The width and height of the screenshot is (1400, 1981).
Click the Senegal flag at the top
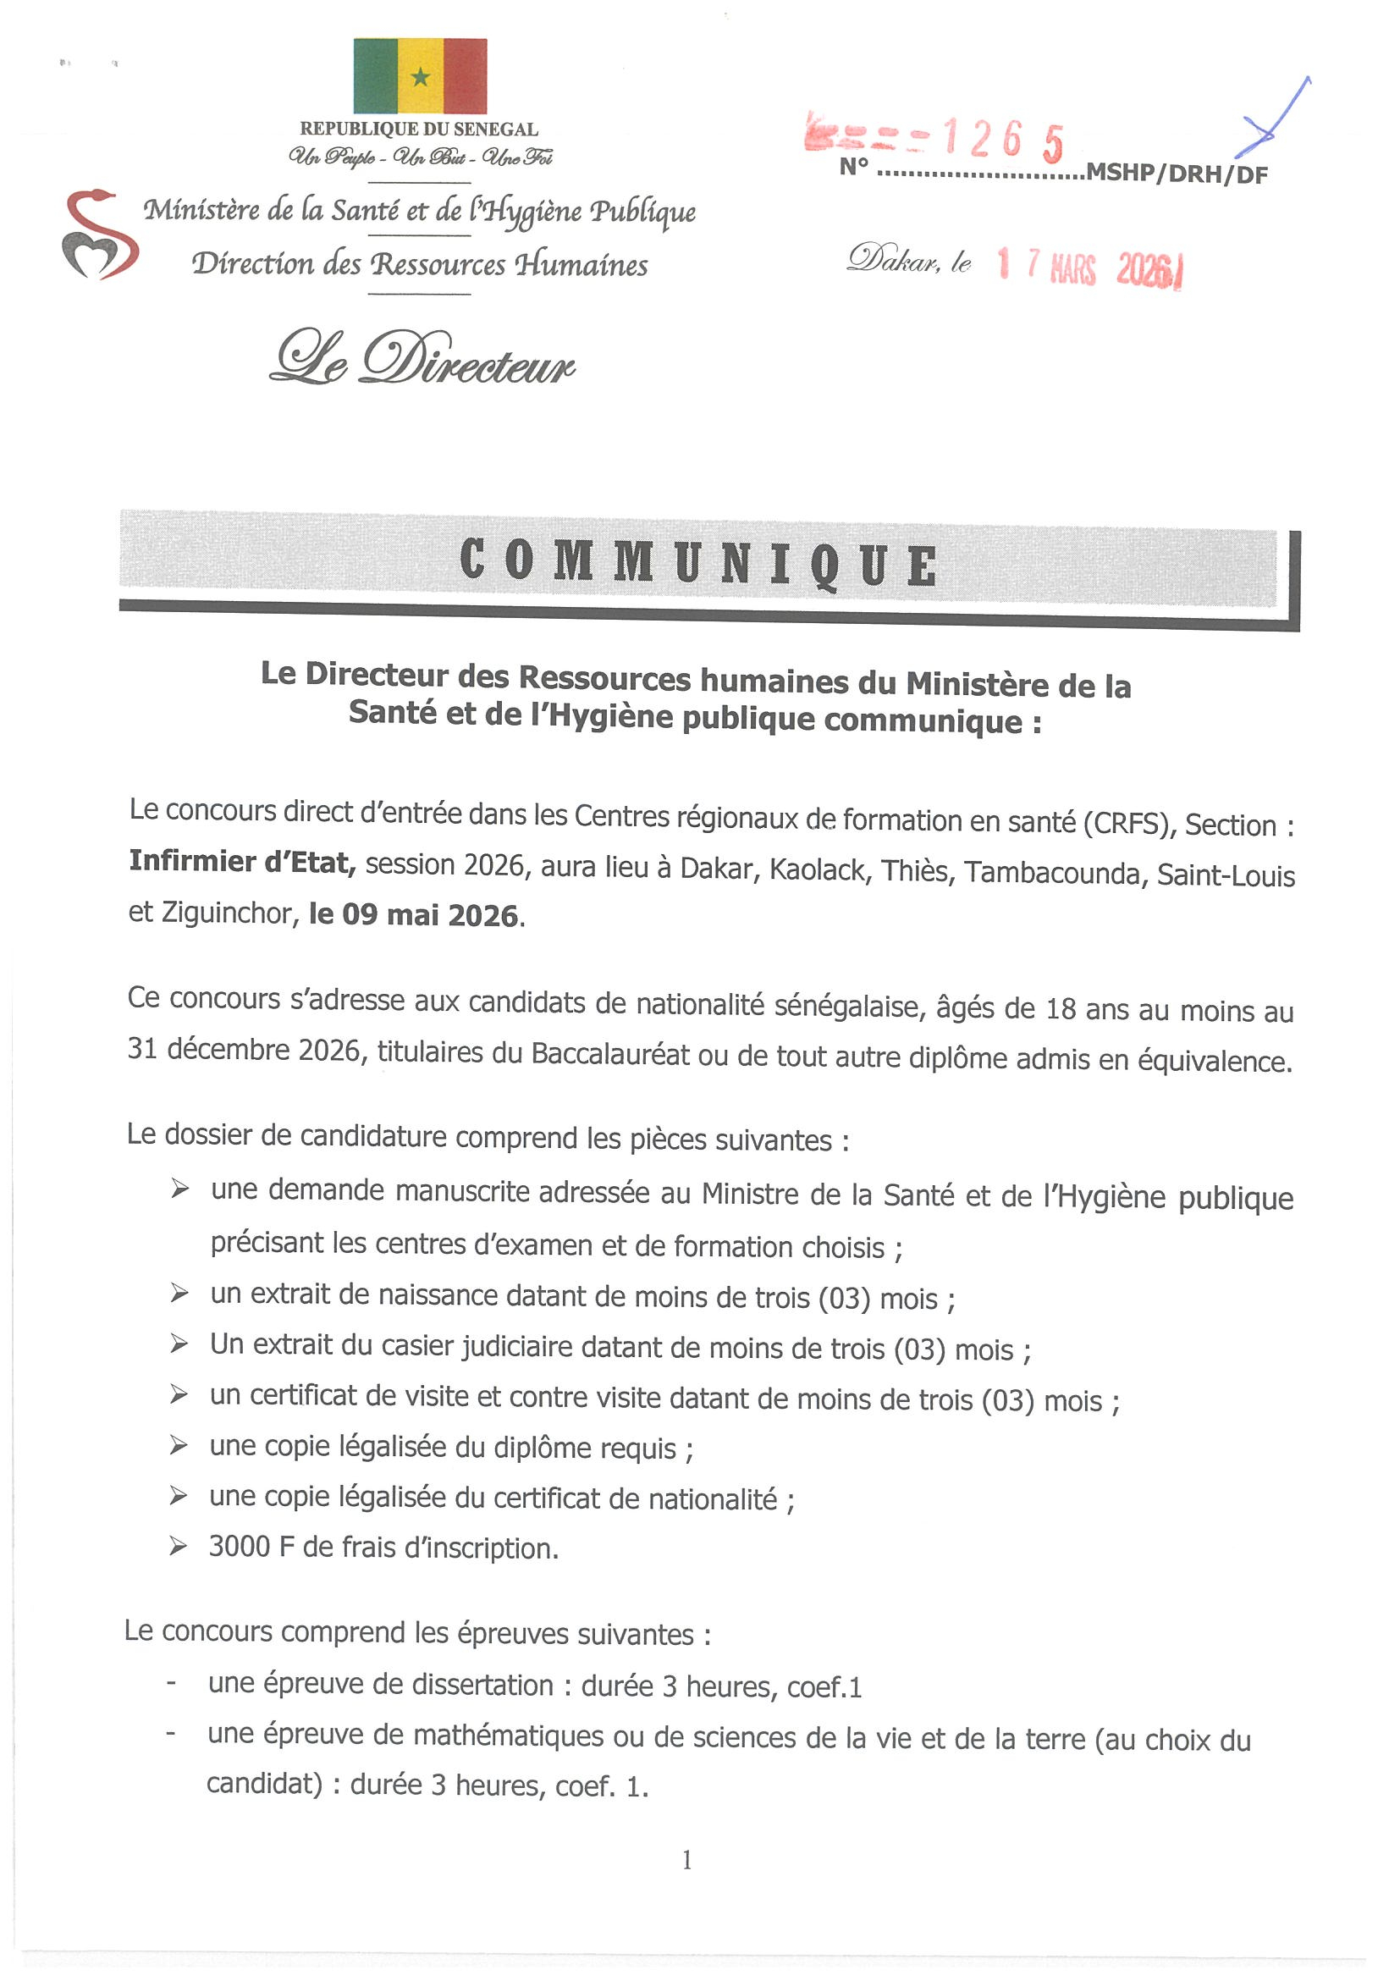(x=420, y=76)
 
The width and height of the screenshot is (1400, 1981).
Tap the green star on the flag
(x=420, y=79)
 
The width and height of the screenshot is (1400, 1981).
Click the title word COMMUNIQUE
(x=698, y=561)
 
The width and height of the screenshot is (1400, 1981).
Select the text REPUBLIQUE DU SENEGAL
(x=419, y=130)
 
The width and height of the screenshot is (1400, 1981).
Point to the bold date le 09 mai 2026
(x=414, y=914)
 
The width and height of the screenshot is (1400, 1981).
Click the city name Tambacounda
(x=1054, y=872)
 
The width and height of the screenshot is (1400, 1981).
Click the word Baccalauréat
(x=610, y=1055)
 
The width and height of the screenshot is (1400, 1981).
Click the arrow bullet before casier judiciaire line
(x=179, y=1344)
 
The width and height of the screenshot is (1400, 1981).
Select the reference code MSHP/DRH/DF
(x=1177, y=174)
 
